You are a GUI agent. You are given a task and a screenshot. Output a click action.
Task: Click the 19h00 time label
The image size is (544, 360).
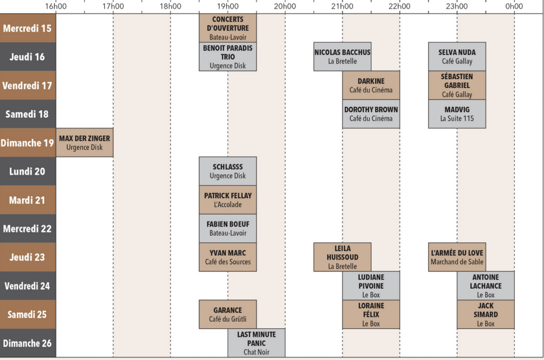pos(227,6)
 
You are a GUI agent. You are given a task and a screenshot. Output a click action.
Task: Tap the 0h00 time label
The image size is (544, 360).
pos(514,6)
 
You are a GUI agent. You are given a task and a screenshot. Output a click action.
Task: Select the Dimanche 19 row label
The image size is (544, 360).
pos(28,143)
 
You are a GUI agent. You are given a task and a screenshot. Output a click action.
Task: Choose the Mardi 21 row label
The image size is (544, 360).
pos(28,200)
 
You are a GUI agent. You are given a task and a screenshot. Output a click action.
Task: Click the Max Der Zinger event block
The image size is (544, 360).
pos(84,143)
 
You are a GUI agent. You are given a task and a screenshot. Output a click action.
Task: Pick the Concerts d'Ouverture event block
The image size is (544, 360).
pos(228,28)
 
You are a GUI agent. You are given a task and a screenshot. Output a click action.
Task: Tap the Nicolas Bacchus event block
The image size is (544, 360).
pos(342,57)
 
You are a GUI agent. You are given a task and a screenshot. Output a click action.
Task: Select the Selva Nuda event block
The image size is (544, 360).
pos(457,57)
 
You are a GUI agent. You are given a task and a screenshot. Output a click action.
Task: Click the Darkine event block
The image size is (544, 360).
pos(371,85)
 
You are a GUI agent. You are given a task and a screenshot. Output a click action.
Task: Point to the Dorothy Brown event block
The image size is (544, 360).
pos(371,114)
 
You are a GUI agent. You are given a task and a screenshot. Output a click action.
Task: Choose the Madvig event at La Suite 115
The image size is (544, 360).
pos(457,114)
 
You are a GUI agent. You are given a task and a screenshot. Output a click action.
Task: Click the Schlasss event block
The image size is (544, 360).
pos(228,172)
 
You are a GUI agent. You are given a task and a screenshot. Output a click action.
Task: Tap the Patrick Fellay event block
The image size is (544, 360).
pos(228,200)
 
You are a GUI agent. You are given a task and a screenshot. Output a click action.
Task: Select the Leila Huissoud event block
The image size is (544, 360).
pos(342,258)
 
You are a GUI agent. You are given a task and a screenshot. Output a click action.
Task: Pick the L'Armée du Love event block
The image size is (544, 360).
pos(457,258)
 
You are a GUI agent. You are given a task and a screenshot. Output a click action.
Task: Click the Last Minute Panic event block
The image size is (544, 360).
pos(257,343)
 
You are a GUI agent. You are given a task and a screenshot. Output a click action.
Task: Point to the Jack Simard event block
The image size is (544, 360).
pos(486,314)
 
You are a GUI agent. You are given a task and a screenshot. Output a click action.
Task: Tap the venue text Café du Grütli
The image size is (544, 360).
pos(228,319)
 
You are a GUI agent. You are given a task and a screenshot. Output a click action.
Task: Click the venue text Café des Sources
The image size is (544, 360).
pos(228,262)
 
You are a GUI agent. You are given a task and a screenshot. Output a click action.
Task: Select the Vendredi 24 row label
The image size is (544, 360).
pos(28,286)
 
